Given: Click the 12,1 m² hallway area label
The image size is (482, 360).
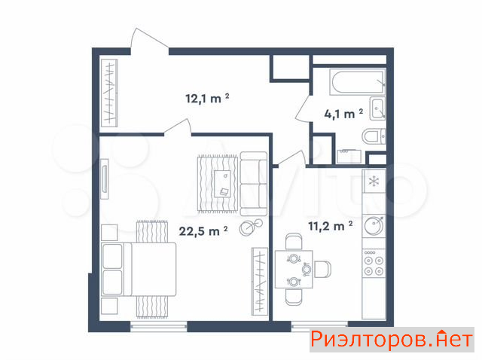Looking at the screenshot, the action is (207, 99).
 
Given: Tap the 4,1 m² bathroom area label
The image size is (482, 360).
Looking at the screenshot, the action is (343, 114).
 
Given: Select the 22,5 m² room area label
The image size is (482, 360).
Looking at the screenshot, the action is (203, 231).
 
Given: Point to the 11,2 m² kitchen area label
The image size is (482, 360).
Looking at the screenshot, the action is (330, 226).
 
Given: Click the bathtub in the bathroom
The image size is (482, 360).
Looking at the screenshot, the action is (358, 82).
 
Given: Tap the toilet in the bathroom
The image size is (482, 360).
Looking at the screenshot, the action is (374, 136).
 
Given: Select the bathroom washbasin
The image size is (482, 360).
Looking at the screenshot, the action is (377, 108).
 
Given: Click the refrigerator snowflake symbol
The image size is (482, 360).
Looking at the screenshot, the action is (374, 181).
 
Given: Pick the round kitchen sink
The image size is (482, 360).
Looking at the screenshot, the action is (374, 226).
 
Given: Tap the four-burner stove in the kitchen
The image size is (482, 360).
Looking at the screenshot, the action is (374, 264).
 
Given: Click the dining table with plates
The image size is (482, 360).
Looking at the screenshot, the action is (294, 270).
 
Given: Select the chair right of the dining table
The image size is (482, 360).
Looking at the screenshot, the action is (322, 269).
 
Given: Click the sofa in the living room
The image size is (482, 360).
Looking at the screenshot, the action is (254, 184).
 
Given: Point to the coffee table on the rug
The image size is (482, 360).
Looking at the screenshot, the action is (223, 184).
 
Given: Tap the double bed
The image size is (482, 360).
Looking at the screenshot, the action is (139, 270).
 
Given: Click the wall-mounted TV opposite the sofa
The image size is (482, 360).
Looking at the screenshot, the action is (105, 178).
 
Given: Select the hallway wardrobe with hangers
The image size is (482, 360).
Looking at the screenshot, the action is (109, 93).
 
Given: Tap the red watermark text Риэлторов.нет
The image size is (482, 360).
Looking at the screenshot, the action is (392, 340).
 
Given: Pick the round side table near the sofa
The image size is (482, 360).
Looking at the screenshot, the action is (251, 227).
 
